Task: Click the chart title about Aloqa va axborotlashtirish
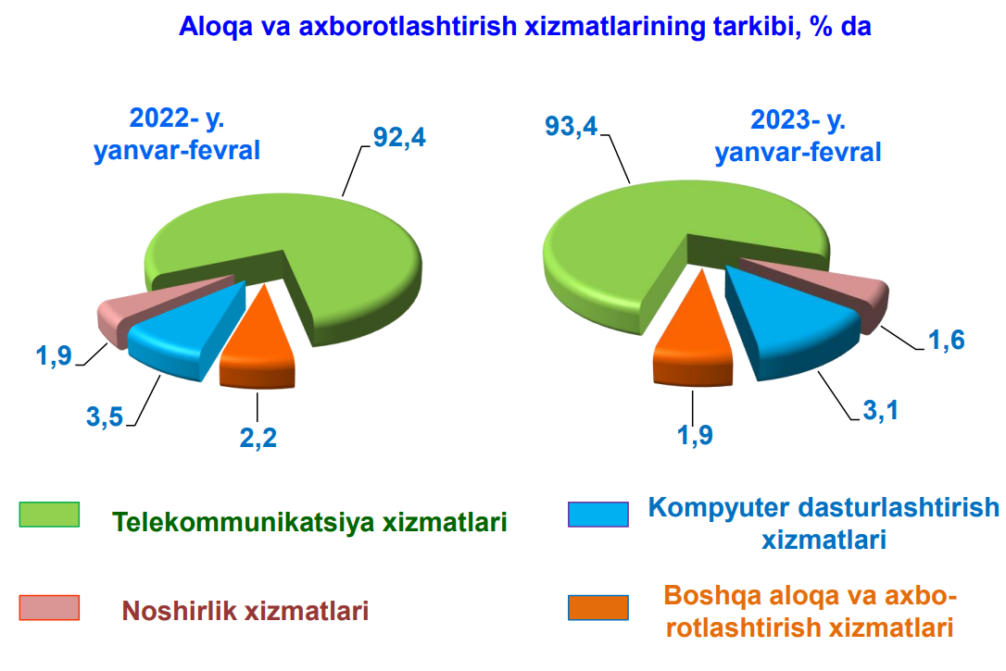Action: point(525,26)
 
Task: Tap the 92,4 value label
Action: point(399,137)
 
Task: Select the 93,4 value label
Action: point(571,126)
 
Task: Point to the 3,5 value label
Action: point(105,416)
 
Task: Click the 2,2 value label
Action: point(258,438)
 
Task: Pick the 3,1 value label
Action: point(880,410)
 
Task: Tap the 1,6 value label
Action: point(947,340)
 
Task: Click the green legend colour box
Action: point(49,515)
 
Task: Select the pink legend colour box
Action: point(49,607)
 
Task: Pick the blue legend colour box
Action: point(598,515)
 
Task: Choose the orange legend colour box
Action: point(598,607)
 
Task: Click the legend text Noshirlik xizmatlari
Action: point(245,611)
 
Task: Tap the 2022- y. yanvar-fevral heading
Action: point(177,134)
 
